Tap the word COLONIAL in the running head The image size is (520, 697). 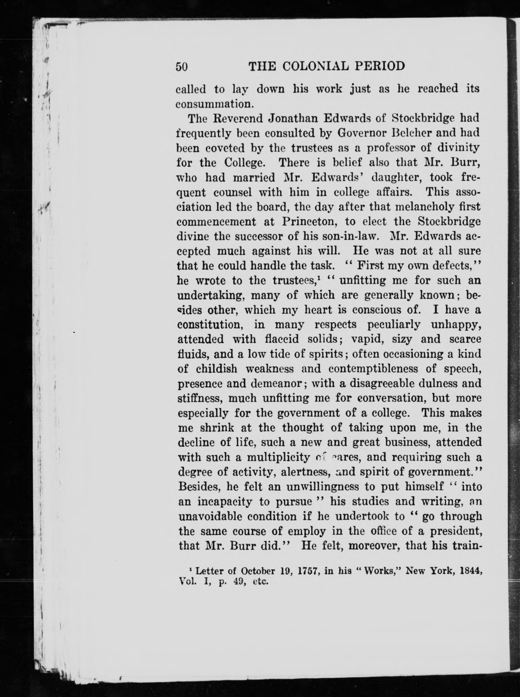pyautogui.click(x=315, y=66)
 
